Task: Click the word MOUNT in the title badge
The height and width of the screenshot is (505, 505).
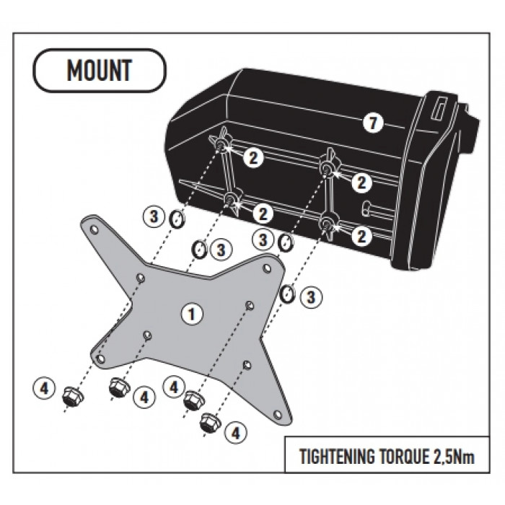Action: pyautogui.click(x=100, y=70)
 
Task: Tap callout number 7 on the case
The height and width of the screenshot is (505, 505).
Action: pyautogui.click(x=373, y=123)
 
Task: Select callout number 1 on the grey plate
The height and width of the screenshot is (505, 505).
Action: pyautogui.click(x=192, y=314)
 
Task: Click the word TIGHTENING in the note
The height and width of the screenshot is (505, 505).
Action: pyautogui.click(x=337, y=457)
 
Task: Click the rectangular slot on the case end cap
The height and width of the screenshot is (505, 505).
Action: pyautogui.click(x=440, y=110)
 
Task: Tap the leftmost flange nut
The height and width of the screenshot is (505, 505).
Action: pyautogui.click(x=72, y=396)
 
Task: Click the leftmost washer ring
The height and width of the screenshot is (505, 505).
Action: pyautogui.click(x=177, y=219)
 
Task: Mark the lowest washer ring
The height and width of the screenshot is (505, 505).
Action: pyautogui.click(x=287, y=294)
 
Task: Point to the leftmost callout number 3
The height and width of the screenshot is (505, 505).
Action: pyautogui.click(x=154, y=216)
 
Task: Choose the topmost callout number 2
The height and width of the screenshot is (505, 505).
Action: pyautogui.click(x=253, y=158)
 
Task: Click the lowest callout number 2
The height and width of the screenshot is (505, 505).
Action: pyautogui.click(x=361, y=236)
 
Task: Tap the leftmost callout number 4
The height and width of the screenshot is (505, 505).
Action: pyautogui.click(x=44, y=388)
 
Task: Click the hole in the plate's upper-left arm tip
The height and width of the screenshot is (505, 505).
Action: pyautogui.click(x=94, y=229)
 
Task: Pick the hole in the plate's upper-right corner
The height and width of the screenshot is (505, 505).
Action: pyautogui.click(x=267, y=268)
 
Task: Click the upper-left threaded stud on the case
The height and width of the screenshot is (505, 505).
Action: pyautogui.click(x=221, y=144)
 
